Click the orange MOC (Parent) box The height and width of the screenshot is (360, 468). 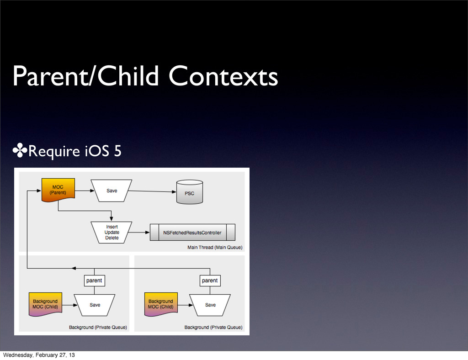click(x=58, y=190)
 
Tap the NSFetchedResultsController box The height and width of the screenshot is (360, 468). click(x=192, y=233)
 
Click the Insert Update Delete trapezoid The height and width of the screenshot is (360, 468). click(x=112, y=232)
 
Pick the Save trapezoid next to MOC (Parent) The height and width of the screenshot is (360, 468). click(x=112, y=191)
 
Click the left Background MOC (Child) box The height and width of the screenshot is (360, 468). click(x=45, y=304)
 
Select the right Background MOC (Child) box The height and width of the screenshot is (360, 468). click(x=160, y=304)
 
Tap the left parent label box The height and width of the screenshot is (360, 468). click(x=95, y=280)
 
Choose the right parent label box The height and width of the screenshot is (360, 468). click(x=210, y=280)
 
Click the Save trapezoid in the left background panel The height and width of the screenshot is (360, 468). click(x=95, y=305)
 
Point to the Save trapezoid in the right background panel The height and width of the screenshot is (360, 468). click(x=210, y=305)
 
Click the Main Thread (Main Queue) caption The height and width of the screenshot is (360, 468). click(x=215, y=247)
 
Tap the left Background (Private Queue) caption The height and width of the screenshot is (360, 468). click(x=98, y=327)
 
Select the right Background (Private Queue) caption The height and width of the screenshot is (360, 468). click(x=213, y=327)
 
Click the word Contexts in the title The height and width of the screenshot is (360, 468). click(x=223, y=77)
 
